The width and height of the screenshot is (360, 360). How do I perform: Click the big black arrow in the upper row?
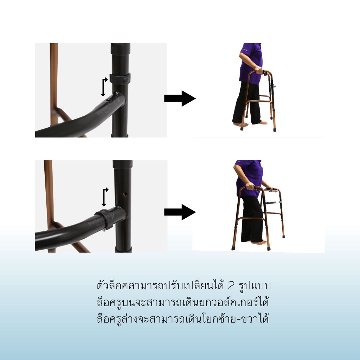pyautogui.click(x=180, y=98)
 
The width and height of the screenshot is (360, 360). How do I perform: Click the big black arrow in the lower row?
pyautogui.click(x=180, y=212)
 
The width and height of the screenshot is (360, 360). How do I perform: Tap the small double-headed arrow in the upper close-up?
pyautogui.click(x=104, y=87)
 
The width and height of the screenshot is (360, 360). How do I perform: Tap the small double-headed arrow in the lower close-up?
pyautogui.click(x=104, y=197)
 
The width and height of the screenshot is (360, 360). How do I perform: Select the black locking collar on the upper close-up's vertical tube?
pyautogui.click(x=120, y=78)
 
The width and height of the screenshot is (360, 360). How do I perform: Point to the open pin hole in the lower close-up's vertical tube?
pyautogui.click(x=125, y=194)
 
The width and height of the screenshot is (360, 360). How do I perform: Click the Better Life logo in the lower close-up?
pyautogui.click(x=99, y=221)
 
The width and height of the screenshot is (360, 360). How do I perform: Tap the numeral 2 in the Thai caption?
pyautogui.click(x=231, y=285)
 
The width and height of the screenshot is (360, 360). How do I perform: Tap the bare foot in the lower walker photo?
pyautogui.click(x=259, y=242)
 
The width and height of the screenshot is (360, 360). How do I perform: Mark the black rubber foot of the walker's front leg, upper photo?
pyautogui.click(x=274, y=129)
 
